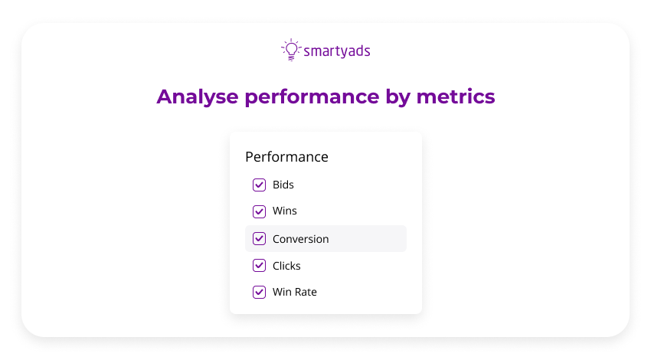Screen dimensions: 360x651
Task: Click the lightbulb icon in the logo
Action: [290, 50]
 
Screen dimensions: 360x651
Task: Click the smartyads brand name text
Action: [337, 51]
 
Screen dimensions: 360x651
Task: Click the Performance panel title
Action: [286, 157]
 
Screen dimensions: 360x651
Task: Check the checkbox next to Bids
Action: [259, 185]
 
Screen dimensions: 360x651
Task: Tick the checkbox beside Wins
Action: [259, 211]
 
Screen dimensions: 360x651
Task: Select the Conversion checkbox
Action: [259, 239]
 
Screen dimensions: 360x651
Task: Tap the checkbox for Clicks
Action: [259, 266]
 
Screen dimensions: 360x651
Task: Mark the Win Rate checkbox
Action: [259, 292]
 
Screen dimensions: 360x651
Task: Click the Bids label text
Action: [283, 185]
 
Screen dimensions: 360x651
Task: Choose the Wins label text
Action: [285, 211]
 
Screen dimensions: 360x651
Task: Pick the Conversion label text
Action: [301, 239]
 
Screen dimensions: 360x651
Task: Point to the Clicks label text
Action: [286, 266]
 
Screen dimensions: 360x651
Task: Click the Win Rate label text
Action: [295, 292]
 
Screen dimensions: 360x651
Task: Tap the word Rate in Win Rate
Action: [306, 292]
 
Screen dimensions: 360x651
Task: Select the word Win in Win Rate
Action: [282, 292]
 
